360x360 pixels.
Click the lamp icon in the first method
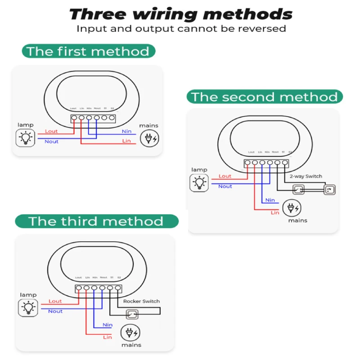(x=26, y=138)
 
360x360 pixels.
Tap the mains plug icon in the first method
(x=149, y=138)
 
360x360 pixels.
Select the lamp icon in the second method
(x=199, y=183)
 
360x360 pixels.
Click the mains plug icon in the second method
(x=292, y=208)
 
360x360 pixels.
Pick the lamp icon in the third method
(x=28, y=308)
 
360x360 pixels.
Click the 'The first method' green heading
(x=88, y=51)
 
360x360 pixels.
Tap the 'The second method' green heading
(x=265, y=97)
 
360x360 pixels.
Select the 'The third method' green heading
(x=96, y=221)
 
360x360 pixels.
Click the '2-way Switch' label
(x=306, y=176)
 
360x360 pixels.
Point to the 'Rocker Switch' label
(x=141, y=301)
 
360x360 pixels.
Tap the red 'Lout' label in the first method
(x=52, y=131)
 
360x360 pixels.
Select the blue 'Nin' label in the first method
(x=127, y=131)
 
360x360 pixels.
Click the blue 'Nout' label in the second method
(x=225, y=186)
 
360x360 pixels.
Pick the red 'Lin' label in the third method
(x=108, y=337)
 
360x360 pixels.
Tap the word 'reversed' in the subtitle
(x=265, y=29)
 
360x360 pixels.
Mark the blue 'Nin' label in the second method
(x=270, y=200)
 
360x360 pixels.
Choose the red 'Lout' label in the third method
(x=55, y=301)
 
